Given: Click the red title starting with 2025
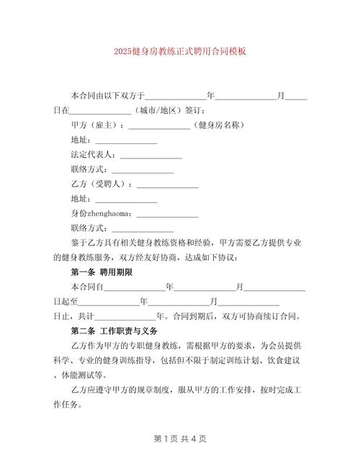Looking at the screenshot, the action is pyautogui.click(x=180, y=52).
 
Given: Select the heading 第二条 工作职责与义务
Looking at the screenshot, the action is pyautogui.click(x=114, y=331).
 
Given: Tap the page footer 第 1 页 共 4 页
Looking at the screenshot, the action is pyautogui.click(x=180, y=438).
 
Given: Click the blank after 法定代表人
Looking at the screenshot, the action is pyautogui.click(x=150, y=155).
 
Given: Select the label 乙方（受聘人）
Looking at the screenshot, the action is pyautogui.click(x=102, y=184).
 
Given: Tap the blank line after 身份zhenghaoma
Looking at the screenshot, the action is pyautogui.click(x=167, y=214).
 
